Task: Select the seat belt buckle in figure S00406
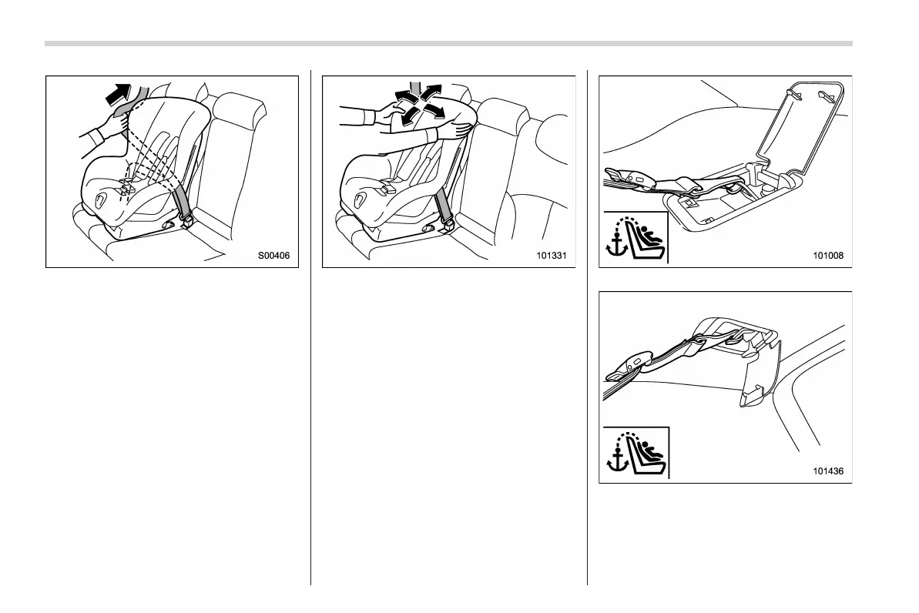tap(186, 221)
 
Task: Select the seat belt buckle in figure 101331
tap(448, 223)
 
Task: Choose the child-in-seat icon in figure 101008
tap(646, 239)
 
